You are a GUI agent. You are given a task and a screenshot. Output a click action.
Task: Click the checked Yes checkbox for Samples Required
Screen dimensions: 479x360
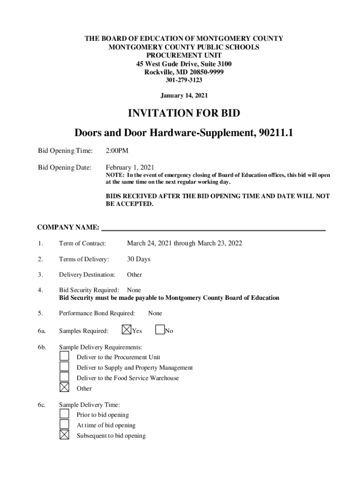[126, 330]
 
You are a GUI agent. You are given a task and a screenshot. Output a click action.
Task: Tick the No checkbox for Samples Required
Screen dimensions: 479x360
[160, 330]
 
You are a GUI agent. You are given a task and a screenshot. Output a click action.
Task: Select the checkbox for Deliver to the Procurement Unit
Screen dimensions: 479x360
[65, 356]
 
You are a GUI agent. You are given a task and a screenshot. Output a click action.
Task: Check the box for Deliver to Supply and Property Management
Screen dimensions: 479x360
[65, 367]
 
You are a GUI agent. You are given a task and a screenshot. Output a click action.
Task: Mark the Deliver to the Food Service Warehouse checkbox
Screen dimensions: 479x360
[65, 377]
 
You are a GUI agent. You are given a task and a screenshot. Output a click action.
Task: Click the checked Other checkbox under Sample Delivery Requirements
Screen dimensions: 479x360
[65, 388]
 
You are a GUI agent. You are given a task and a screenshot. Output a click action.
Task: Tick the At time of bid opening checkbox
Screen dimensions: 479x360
[65, 425]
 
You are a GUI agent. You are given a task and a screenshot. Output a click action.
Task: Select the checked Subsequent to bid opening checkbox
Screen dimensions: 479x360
[65, 435]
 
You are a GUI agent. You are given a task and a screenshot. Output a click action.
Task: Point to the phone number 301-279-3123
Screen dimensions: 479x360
[184, 80]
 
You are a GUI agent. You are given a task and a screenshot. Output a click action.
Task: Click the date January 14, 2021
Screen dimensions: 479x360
[184, 95]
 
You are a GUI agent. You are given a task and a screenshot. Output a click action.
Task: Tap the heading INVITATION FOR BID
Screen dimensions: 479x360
[184, 113]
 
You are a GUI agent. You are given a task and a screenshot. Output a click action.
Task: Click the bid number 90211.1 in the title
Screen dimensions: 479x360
[274, 133]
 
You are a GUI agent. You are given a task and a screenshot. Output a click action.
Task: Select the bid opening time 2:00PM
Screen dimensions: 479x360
[117, 151]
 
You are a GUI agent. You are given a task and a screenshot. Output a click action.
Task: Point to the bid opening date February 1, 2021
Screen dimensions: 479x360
[130, 167]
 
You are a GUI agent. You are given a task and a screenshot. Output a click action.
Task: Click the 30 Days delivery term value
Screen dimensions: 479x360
[138, 259]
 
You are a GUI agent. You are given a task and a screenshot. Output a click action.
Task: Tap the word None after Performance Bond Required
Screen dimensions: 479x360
[155, 313]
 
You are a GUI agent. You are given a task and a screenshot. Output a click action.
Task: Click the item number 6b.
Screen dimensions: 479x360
[42, 347]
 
